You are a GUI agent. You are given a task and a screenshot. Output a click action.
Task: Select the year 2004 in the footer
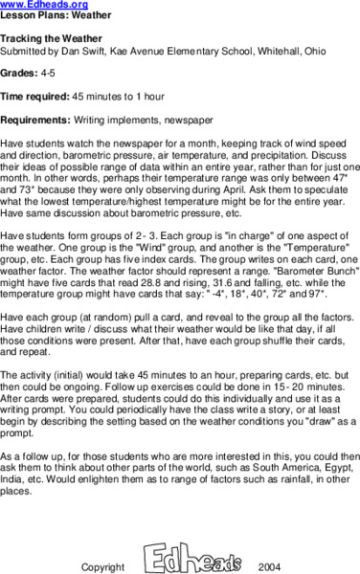270,566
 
